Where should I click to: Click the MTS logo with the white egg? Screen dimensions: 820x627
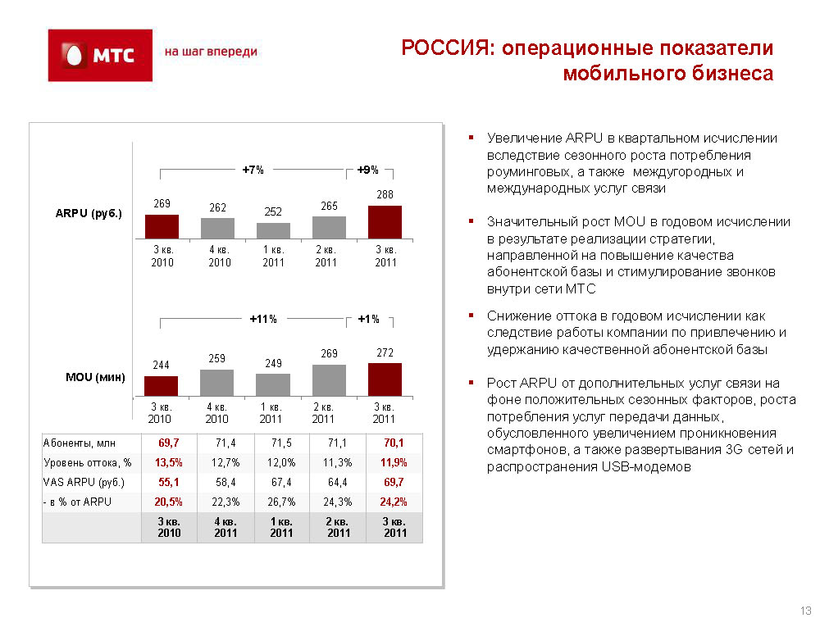pyautogui.click(x=100, y=55)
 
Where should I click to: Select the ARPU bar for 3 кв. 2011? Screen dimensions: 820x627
pyautogui.click(x=385, y=222)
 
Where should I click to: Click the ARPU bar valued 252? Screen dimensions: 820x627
pyautogui.click(x=273, y=231)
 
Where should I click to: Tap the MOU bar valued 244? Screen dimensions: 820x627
pyautogui.click(x=161, y=385)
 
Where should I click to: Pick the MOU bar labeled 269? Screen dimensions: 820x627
pyautogui.click(x=329, y=380)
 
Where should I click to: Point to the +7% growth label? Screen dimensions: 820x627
pyautogui.click(x=253, y=170)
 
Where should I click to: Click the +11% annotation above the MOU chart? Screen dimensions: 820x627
pyautogui.click(x=263, y=319)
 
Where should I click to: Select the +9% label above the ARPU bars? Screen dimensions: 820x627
pyautogui.click(x=367, y=170)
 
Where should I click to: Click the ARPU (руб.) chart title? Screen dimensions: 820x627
pyautogui.click(x=89, y=213)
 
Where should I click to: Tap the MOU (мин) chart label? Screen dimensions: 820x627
pyautogui.click(x=95, y=377)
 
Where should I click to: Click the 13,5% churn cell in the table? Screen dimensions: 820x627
pyautogui.click(x=168, y=462)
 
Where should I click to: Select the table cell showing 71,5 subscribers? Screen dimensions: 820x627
pyautogui.click(x=281, y=443)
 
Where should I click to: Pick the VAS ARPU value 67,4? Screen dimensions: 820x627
pyautogui.click(x=281, y=482)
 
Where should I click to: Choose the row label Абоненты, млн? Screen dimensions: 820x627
pyautogui.click(x=79, y=443)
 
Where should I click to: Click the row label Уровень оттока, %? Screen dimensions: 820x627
pyautogui.click(x=88, y=462)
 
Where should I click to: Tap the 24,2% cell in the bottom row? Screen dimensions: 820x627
pyautogui.click(x=394, y=502)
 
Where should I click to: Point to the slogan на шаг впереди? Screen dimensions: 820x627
pyautogui.click(x=211, y=52)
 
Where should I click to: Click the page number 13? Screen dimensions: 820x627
pyautogui.click(x=805, y=611)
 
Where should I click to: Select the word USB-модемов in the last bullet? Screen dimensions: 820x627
pyautogui.click(x=646, y=466)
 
